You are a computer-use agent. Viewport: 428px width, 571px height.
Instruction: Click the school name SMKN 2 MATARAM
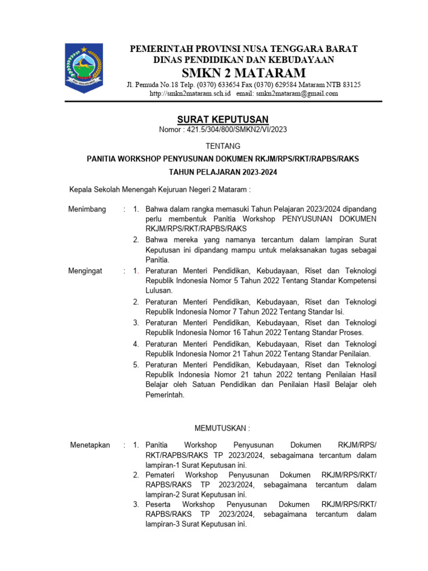(x=244, y=73)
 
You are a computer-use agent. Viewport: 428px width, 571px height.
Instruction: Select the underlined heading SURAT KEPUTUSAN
(x=223, y=119)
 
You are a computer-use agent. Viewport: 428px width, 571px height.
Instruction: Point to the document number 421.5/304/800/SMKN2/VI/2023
(x=238, y=130)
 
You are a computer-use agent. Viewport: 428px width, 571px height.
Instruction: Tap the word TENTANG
(x=223, y=146)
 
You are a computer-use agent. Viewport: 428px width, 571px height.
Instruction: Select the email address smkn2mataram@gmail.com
(x=297, y=94)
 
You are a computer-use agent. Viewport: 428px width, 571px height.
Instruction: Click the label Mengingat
(x=85, y=270)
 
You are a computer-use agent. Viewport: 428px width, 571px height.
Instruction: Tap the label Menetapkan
(x=90, y=445)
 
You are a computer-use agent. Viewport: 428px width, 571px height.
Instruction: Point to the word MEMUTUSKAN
(x=222, y=428)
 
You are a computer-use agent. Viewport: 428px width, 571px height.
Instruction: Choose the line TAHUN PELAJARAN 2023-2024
(x=223, y=172)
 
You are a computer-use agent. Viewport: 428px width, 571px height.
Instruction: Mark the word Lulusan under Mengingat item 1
(x=159, y=291)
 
